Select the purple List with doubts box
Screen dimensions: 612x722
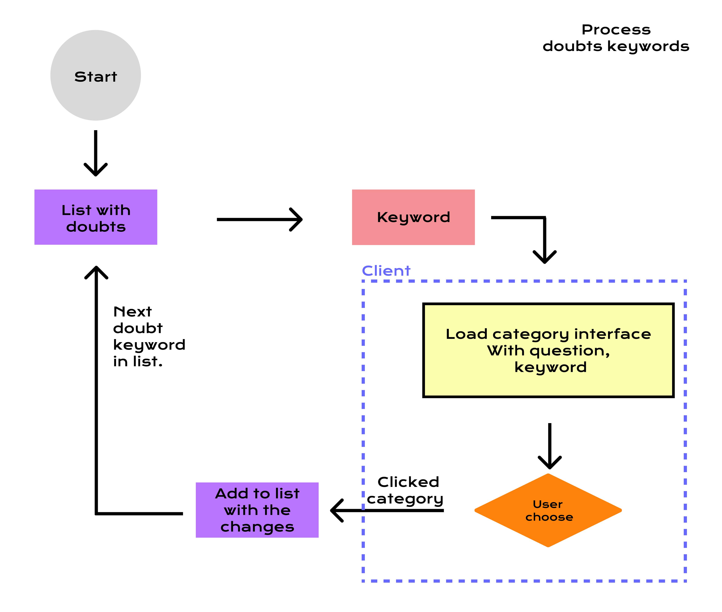point(96,217)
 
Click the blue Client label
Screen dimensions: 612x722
point(386,271)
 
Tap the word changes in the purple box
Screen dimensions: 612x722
point(257,527)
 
